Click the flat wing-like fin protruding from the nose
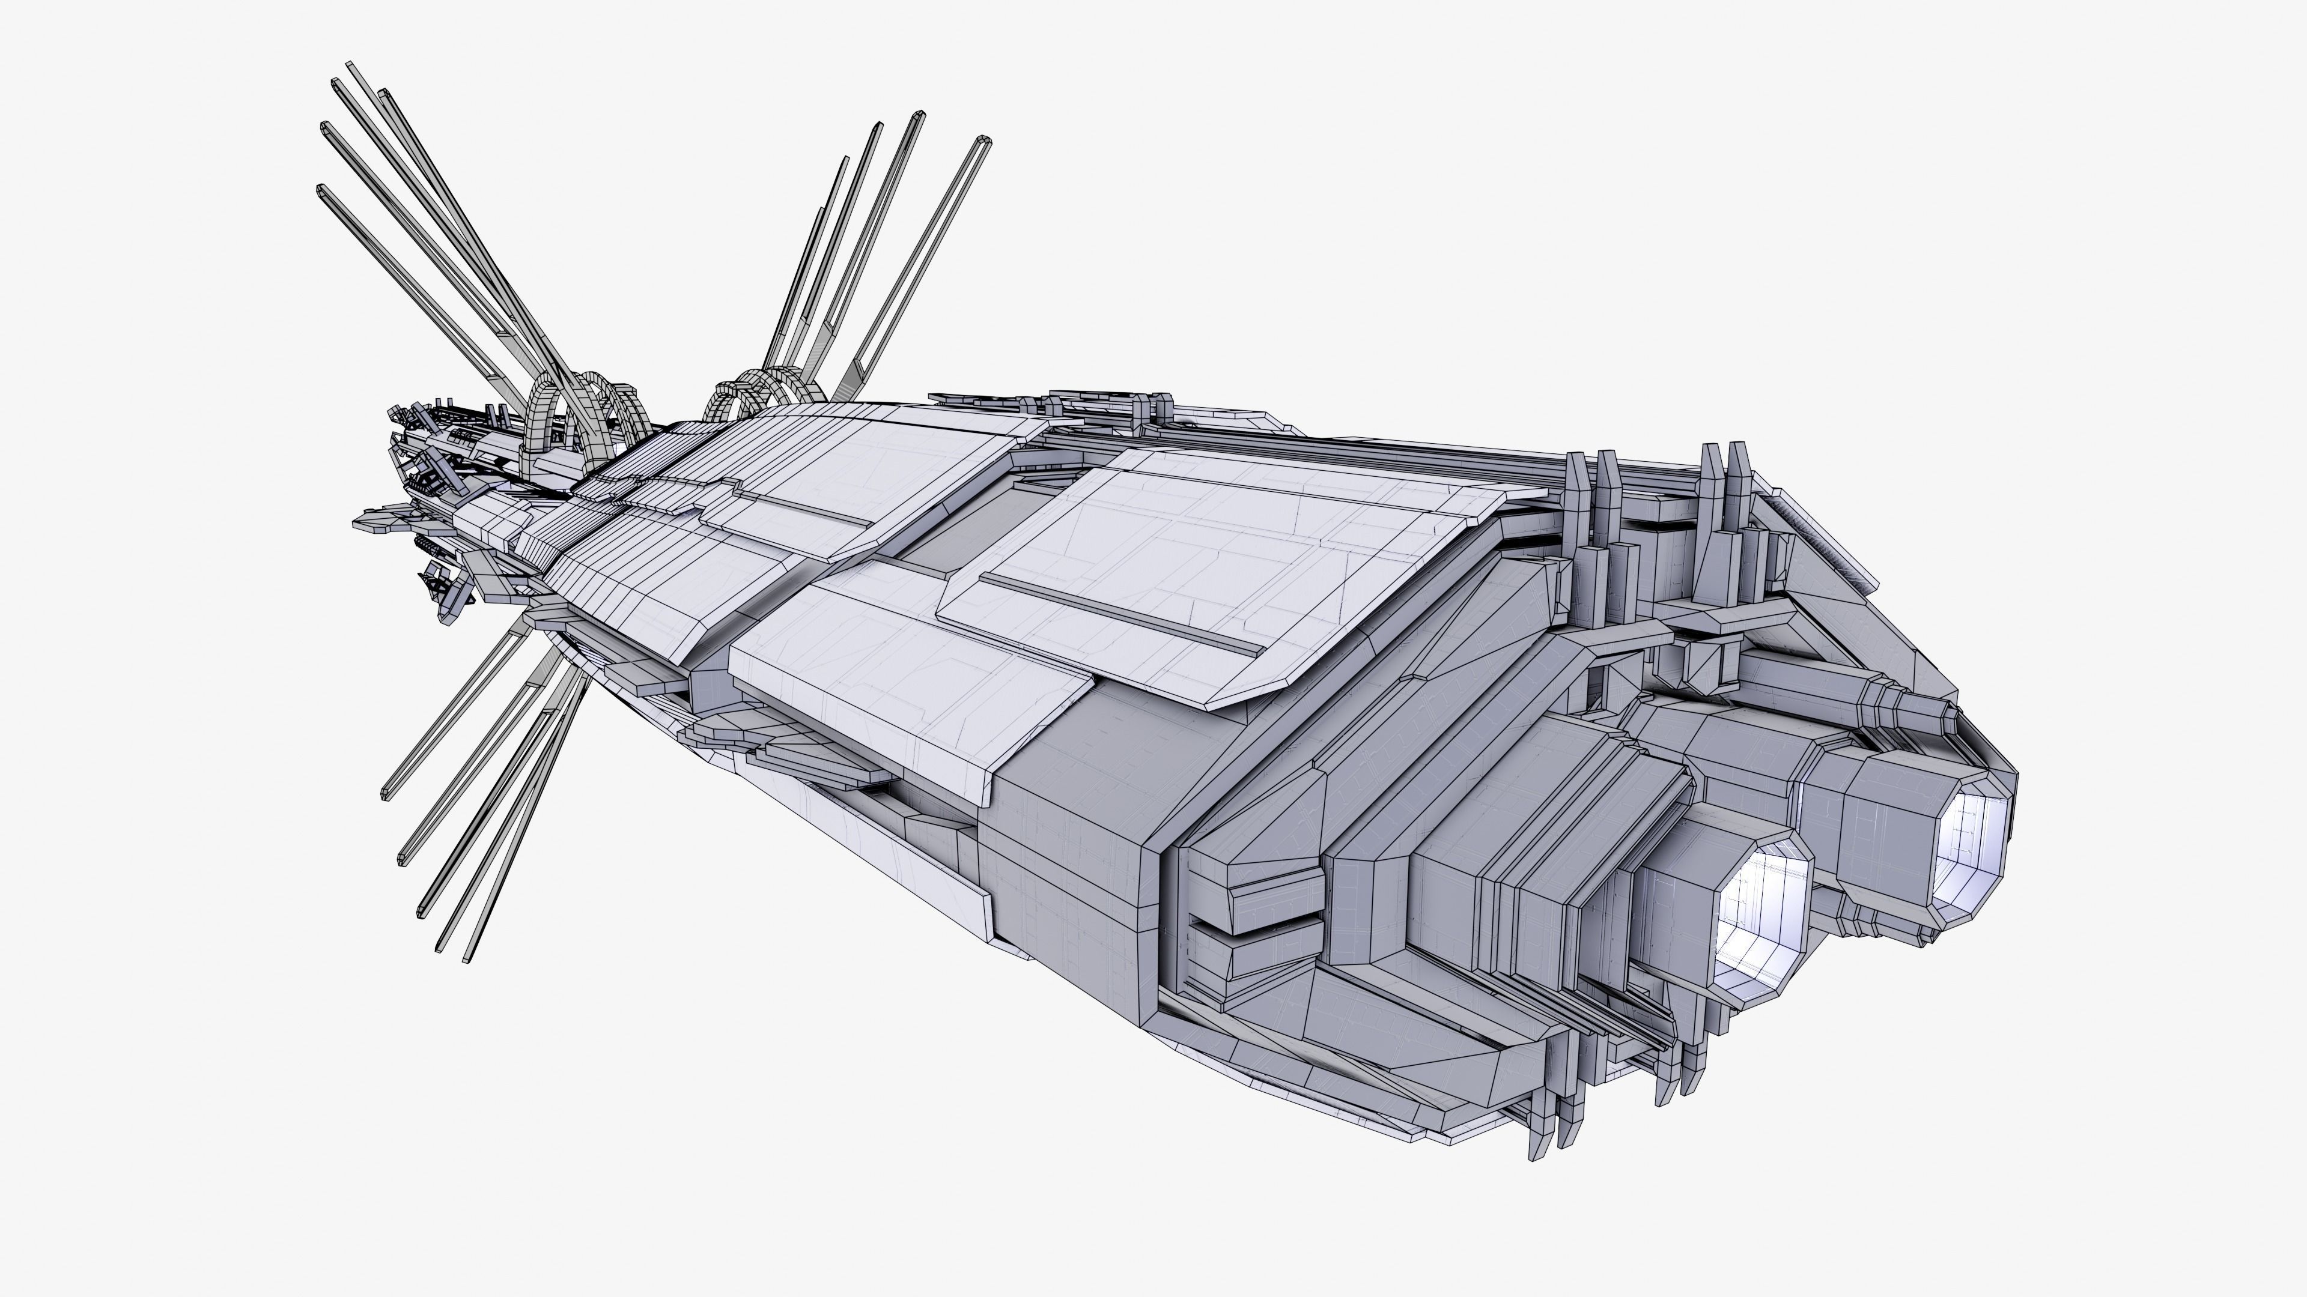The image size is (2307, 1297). click(376, 522)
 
